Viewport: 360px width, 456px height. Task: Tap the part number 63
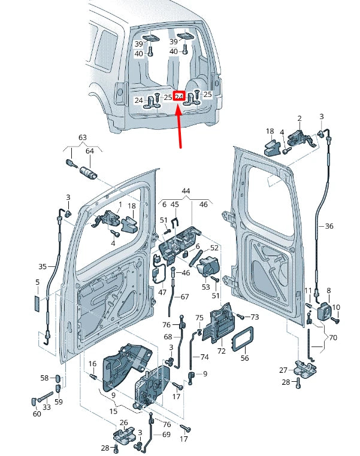(x=83, y=138)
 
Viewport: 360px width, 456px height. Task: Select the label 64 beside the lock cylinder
(x=90, y=151)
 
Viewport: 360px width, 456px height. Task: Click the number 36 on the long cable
(x=328, y=226)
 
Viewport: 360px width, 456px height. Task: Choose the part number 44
(x=186, y=191)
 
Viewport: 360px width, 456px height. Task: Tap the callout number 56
(x=244, y=358)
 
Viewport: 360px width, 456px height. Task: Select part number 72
(x=222, y=351)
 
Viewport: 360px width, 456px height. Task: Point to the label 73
(x=255, y=317)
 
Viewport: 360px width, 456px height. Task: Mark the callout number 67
(x=184, y=297)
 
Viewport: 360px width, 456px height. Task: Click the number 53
(x=206, y=287)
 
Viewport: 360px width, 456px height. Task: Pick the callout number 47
(x=162, y=292)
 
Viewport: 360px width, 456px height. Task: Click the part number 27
(x=284, y=370)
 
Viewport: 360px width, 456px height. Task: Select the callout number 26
(x=123, y=422)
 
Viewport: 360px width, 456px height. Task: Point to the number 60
(x=37, y=414)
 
